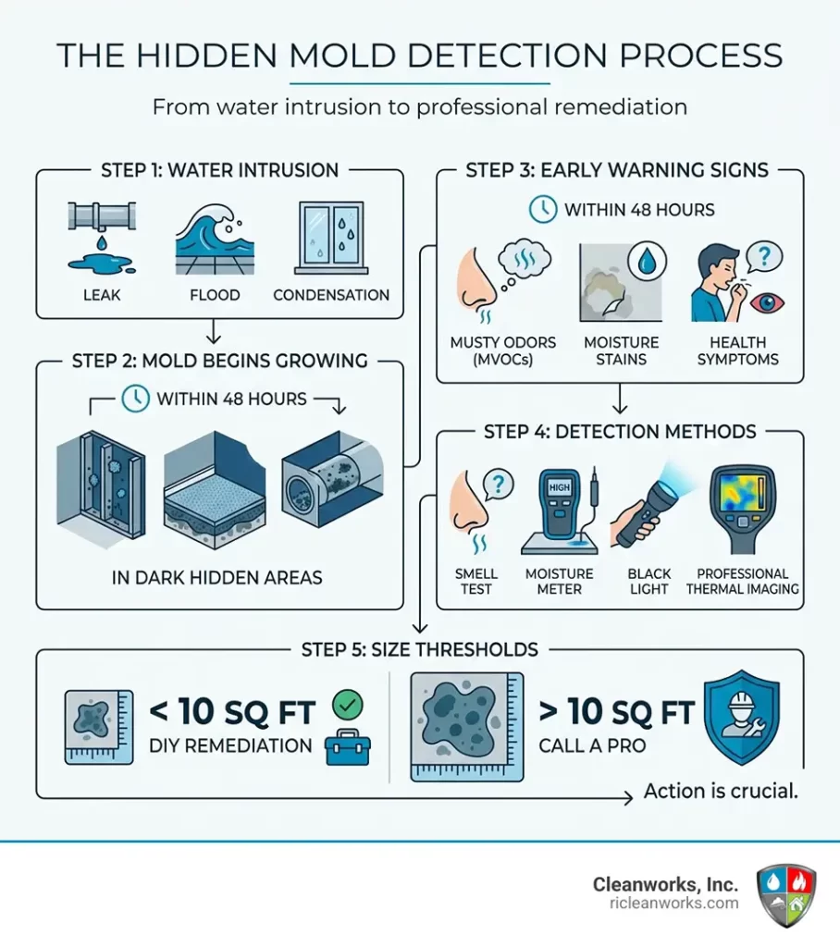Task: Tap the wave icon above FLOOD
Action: [x=214, y=236]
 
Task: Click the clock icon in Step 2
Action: [x=135, y=400]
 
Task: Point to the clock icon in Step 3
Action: [x=542, y=210]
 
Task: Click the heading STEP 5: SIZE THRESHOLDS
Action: [x=419, y=649]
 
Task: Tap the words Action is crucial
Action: [x=721, y=793]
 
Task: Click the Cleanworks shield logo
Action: [x=786, y=894]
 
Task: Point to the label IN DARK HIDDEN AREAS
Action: [x=218, y=578]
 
